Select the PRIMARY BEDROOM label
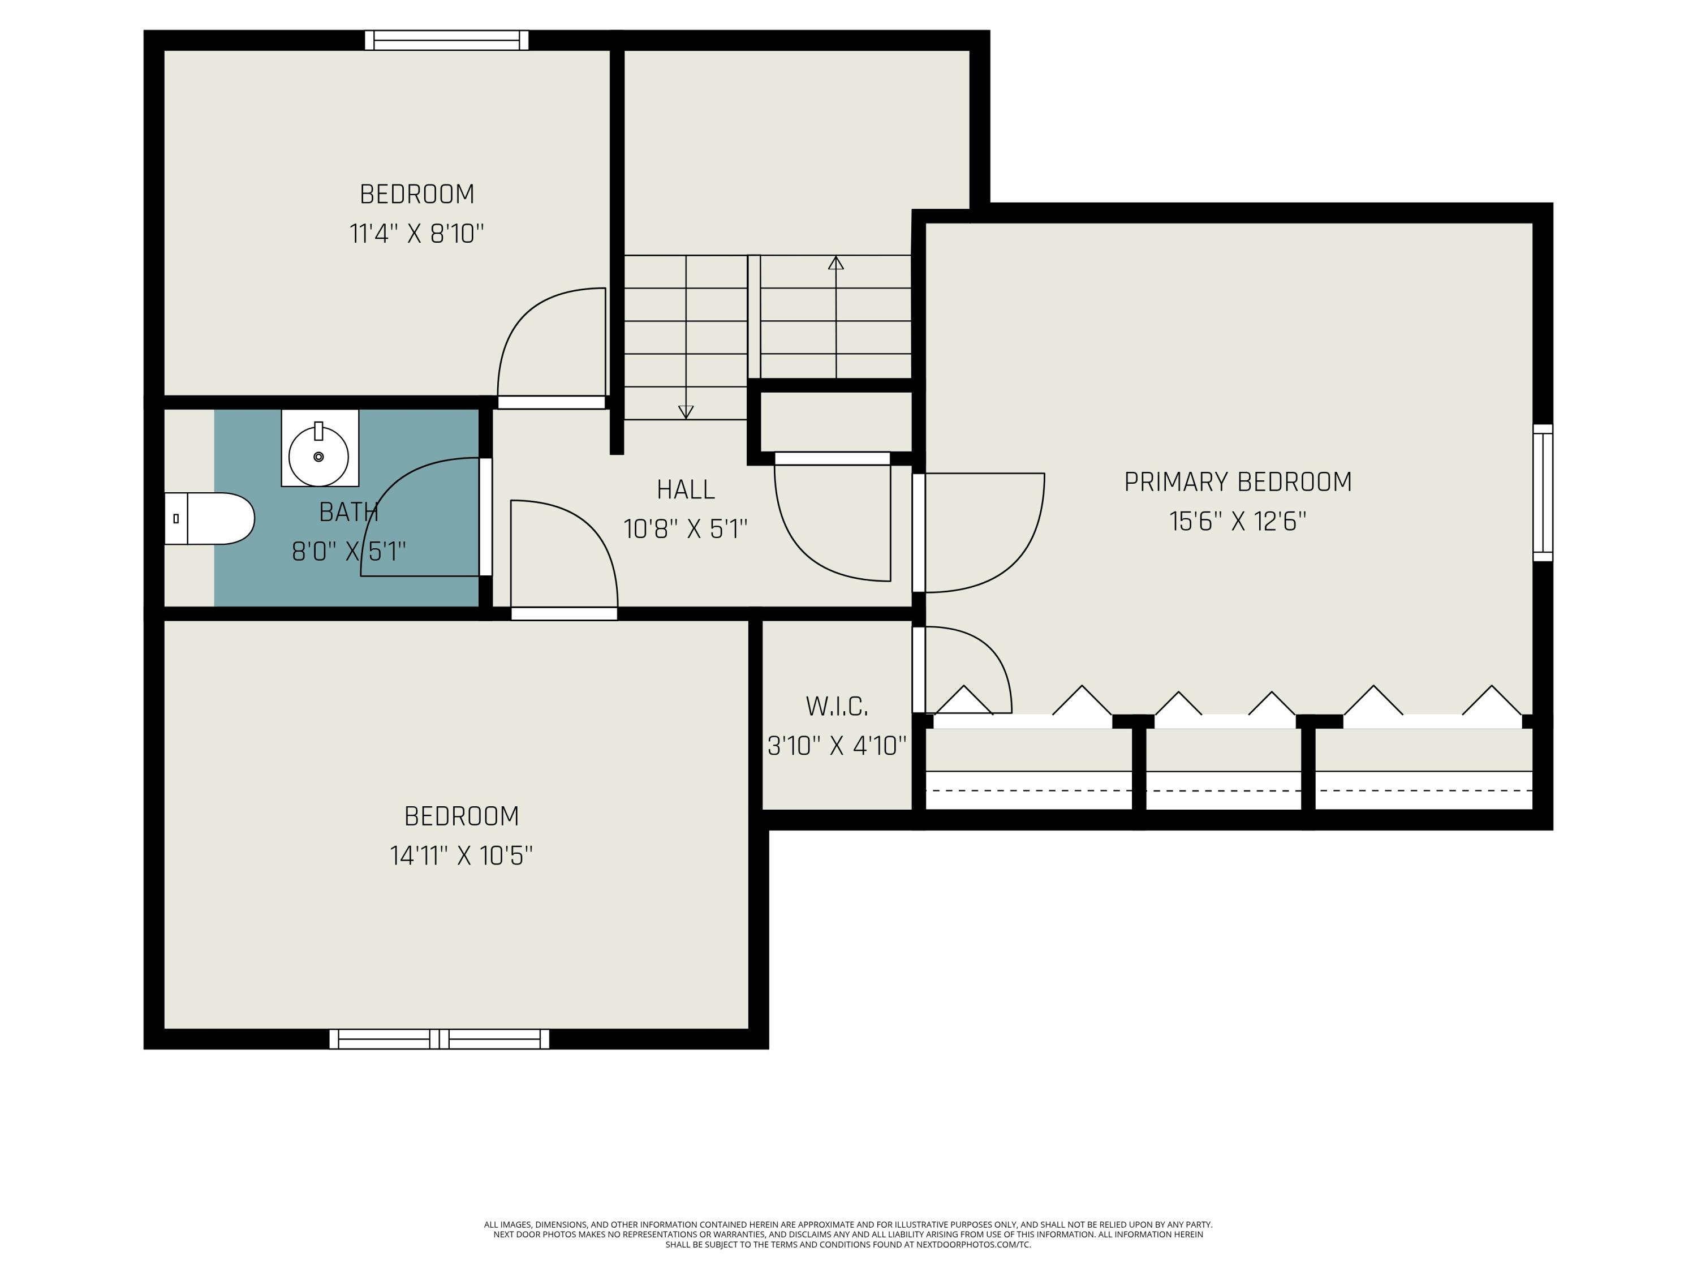[x=1238, y=482]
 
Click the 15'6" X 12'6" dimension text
[x=1238, y=522]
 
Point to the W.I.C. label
[x=837, y=707]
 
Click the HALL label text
[x=685, y=489]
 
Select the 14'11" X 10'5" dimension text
[x=461, y=855]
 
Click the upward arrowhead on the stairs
[x=835, y=263]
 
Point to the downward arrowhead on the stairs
[x=686, y=412]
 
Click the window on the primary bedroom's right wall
[x=1542, y=493]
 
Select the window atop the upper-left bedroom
[x=446, y=41]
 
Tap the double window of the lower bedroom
[x=439, y=1039]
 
